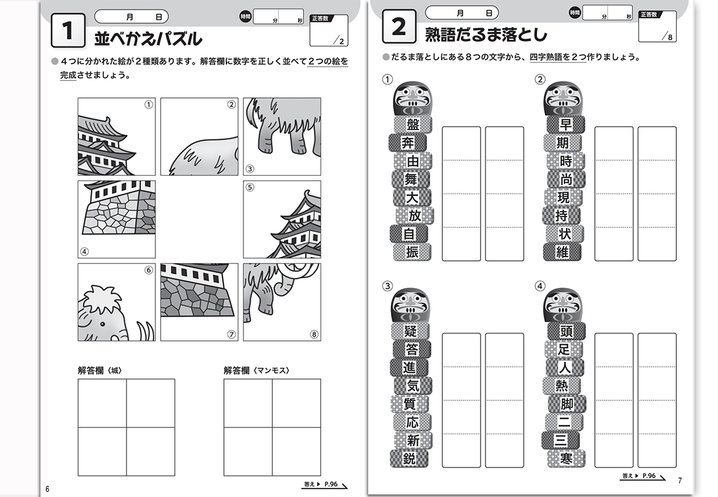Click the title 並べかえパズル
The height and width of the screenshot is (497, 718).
coord(148,39)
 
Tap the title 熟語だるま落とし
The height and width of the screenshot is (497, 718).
coord(486,34)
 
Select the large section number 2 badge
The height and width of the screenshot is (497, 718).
coord(398,27)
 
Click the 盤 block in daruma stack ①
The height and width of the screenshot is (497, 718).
coord(413,125)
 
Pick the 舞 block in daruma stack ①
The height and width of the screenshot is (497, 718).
coord(411,179)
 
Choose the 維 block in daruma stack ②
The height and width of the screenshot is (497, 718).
coord(563,251)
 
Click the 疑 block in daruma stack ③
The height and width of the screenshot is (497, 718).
coord(411,332)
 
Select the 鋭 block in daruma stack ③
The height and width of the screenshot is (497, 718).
coord(409,458)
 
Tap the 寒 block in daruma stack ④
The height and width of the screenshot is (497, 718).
coord(565,458)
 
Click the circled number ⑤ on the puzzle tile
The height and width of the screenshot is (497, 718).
coord(314,187)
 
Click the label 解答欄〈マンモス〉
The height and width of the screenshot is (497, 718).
coord(257,370)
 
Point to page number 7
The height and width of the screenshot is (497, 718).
coord(679,481)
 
